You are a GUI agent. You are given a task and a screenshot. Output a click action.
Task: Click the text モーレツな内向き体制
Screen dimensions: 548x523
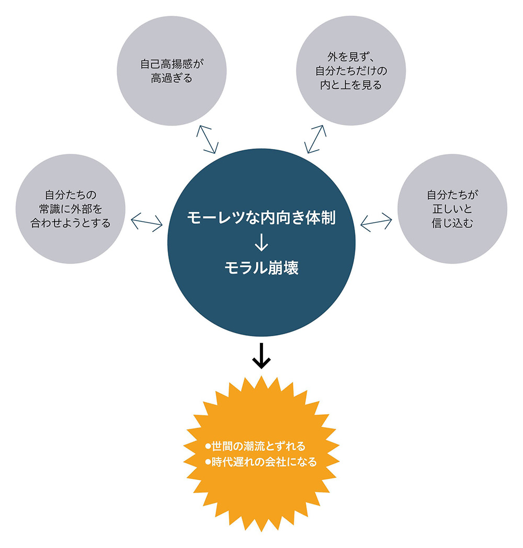[x=261, y=218]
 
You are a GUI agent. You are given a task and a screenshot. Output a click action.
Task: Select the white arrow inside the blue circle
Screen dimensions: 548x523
[x=261, y=243]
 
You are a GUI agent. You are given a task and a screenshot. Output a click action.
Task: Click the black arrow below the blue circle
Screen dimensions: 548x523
[x=261, y=357]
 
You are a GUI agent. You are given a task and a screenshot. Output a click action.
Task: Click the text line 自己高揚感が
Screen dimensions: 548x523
[x=171, y=65]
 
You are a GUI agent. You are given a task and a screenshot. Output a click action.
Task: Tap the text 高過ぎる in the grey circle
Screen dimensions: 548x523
[x=171, y=79]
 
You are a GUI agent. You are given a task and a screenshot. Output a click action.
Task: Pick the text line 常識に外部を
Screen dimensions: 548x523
[x=71, y=209]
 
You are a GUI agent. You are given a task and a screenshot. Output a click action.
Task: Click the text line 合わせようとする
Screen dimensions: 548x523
[x=71, y=223]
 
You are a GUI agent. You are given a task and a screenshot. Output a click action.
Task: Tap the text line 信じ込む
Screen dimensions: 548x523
[x=452, y=223]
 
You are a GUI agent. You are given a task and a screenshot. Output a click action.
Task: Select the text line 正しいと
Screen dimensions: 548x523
[x=452, y=209]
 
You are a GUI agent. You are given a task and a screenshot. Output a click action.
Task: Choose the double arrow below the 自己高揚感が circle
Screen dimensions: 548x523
[x=207, y=139]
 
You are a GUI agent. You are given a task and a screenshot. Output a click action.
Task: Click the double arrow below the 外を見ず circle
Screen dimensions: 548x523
[x=315, y=139]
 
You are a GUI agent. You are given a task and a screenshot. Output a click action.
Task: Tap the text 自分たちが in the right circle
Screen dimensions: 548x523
[x=452, y=196]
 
